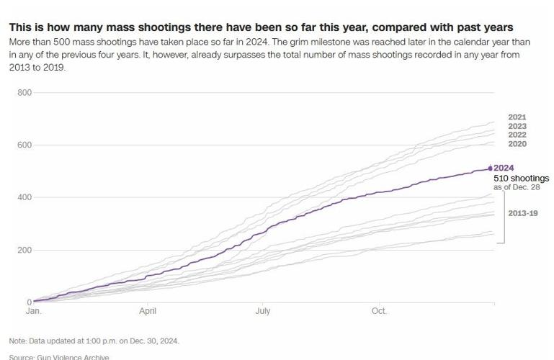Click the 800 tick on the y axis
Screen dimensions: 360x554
(x=24, y=93)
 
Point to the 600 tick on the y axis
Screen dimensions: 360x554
(x=24, y=145)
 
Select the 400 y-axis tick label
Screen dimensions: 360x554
(x=24, y=197)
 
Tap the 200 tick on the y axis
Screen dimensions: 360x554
(x=24, y=250)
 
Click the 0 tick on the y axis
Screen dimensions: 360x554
(x=29, y=302)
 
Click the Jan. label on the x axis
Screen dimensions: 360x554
(x=33, y=312)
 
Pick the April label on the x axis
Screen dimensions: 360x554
(x=148, y=312)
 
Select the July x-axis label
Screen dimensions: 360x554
(x=262, y=312)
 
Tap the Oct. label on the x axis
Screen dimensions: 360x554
(x=378, y=312)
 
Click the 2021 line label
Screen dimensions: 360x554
(x=517, y=117)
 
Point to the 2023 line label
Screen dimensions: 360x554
(x=517, y=127)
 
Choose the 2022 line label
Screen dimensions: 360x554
(x=517, y=135)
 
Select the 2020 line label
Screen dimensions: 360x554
(x=517, y=145)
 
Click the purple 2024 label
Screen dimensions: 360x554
(x=504, y=168)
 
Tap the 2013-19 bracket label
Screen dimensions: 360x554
(x=523, y=214)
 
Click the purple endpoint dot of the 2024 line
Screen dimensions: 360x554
(x=491, y=168)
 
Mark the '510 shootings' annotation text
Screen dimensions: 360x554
(x=521, y=178)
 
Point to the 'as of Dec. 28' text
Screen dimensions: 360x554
(x=517, y=187)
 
